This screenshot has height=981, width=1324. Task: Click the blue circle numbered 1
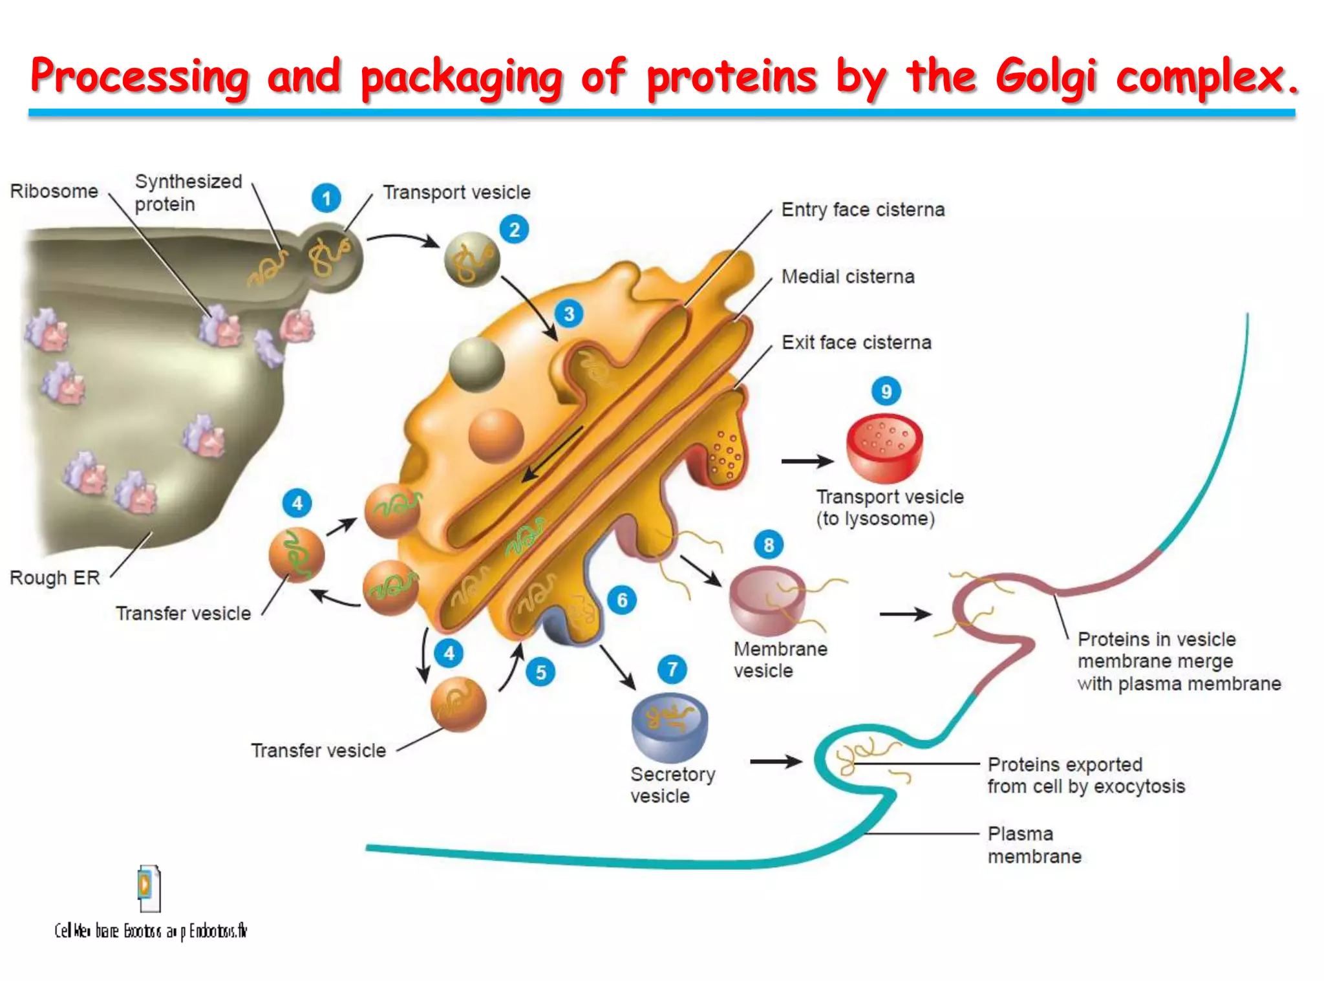click(326, 198)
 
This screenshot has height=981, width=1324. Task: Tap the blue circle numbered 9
click(886, 391)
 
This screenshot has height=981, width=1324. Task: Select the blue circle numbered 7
click(672, 669)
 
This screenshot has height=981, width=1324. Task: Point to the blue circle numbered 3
click(569, 314)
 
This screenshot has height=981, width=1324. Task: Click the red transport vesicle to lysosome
click(884, 448)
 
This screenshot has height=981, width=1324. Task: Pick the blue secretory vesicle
click(669, 727)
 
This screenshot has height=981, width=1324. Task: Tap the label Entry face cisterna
click(862, 210)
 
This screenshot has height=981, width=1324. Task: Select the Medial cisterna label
click(848, 277)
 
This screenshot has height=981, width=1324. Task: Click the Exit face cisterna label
click(856, 342)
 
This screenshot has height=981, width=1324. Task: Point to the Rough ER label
click(55, 577)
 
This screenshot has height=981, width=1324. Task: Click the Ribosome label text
click(54, 191)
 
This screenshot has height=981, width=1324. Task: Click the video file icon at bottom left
click(149, 888)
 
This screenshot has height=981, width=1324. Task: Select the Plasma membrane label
click(1034, 845)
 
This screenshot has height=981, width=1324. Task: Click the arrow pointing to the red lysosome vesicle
click(807, 461)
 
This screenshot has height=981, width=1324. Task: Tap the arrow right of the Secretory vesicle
click(775, 761)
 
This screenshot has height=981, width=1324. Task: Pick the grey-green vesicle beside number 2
click(472, 259)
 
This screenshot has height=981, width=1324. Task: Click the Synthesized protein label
click(187, 193)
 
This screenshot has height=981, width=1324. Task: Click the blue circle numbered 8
click(769, 544)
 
